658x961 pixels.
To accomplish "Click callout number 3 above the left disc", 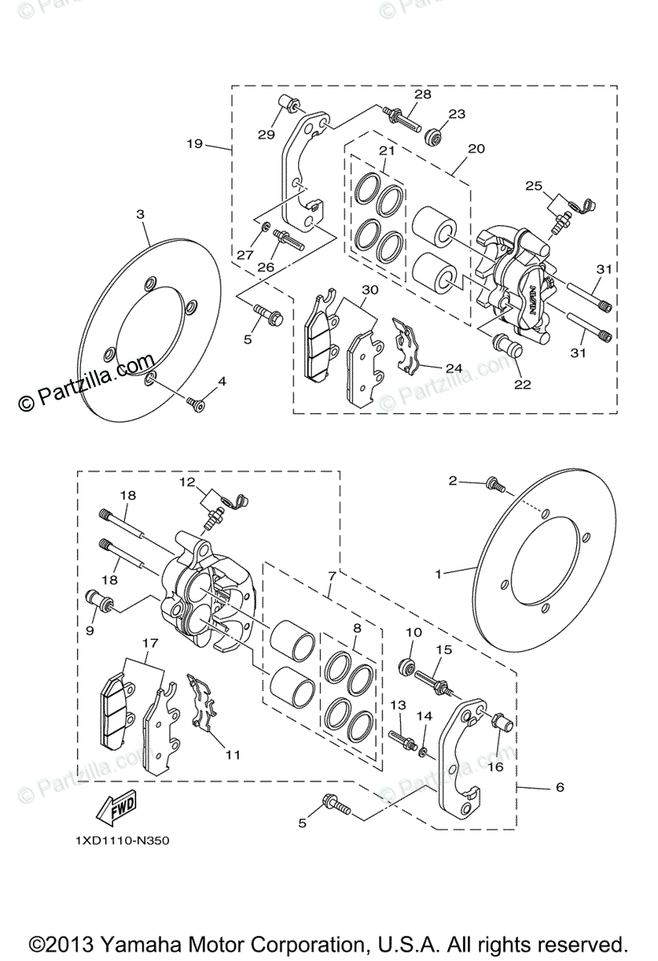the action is click(139, 215).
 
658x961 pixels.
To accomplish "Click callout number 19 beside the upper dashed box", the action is click(193, 144).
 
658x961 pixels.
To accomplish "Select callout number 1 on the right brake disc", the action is click(438, 573).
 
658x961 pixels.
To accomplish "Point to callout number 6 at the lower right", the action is click(559, 787).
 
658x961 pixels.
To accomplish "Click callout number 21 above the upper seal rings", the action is click(387, 151).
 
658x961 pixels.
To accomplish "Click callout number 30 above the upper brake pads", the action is click(369, 290).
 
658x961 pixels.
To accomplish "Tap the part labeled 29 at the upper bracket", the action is click(289, 105).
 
